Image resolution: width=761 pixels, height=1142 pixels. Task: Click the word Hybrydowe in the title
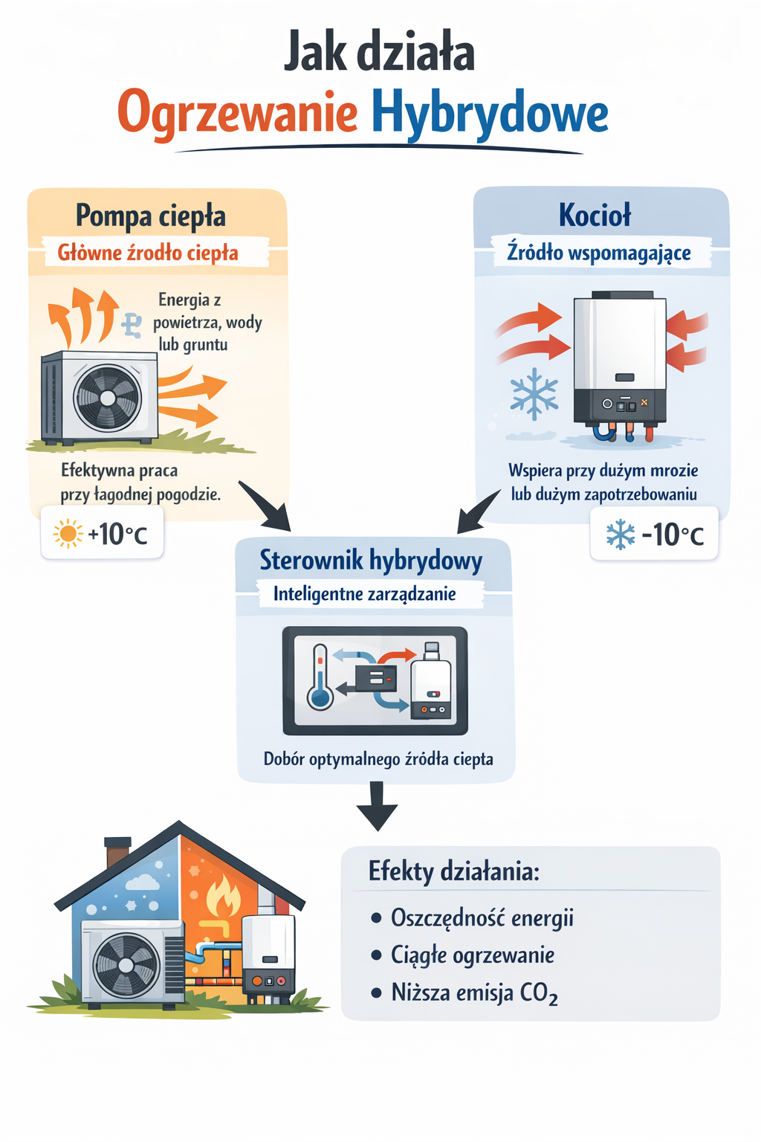point(489,114)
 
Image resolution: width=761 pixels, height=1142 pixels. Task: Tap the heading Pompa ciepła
point(151,216)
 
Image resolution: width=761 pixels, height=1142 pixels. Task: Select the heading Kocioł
point(595,215)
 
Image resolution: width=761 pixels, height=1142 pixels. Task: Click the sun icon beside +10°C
point(68,534)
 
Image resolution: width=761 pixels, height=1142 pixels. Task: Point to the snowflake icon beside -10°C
point(620,535)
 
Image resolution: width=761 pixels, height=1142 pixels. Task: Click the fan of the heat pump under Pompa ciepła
point(108,398)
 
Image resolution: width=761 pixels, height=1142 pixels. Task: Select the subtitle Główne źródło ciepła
point(148,253)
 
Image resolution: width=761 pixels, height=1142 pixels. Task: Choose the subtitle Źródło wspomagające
point(599,253)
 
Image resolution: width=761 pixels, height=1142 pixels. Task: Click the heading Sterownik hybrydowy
point(371,560)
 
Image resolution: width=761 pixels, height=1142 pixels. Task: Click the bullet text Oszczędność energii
point(482,917)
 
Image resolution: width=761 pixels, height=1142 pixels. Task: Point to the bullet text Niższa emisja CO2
point(474,993)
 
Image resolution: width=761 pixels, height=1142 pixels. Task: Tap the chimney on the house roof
point(117,851)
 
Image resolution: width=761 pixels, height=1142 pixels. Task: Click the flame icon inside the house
point(223,897)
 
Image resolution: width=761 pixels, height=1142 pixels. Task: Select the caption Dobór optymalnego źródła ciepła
point(378,759)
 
